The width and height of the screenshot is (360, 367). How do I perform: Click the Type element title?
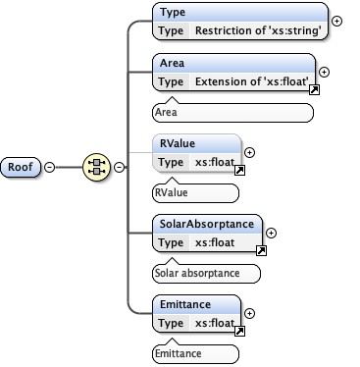pyautogui.click(x=175, y=14)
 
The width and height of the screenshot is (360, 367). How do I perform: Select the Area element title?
pyautogui.click(x=175, y=64)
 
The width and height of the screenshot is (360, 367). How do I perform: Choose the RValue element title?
pyautogui.click(x=179, y=144)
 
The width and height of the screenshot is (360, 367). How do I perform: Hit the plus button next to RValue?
pyautogui.click(x=249, y=152)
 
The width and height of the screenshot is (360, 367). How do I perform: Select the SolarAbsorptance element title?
pyautogui.click(x=207, y=225)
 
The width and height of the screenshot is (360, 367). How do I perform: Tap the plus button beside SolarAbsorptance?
pyautogui.click(x=271, y=233)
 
